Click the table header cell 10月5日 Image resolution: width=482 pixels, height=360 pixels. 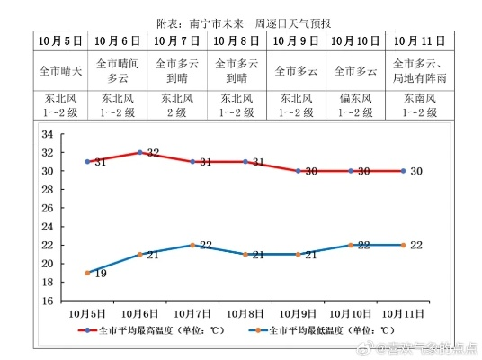(60, 41)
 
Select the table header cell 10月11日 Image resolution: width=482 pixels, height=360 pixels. (420, 41)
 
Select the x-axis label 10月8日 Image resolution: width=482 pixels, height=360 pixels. (245, 312)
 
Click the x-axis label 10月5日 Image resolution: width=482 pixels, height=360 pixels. (88, 312)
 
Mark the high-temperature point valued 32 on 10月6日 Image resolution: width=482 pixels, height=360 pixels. (140, 152)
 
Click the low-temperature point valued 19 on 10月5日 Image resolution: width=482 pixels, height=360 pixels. (88, 273)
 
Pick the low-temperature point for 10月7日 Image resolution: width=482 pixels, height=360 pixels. (193, 245)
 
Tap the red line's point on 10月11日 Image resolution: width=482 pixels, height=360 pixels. (404, 171)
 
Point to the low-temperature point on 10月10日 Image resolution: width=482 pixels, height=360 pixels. (351, 245)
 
